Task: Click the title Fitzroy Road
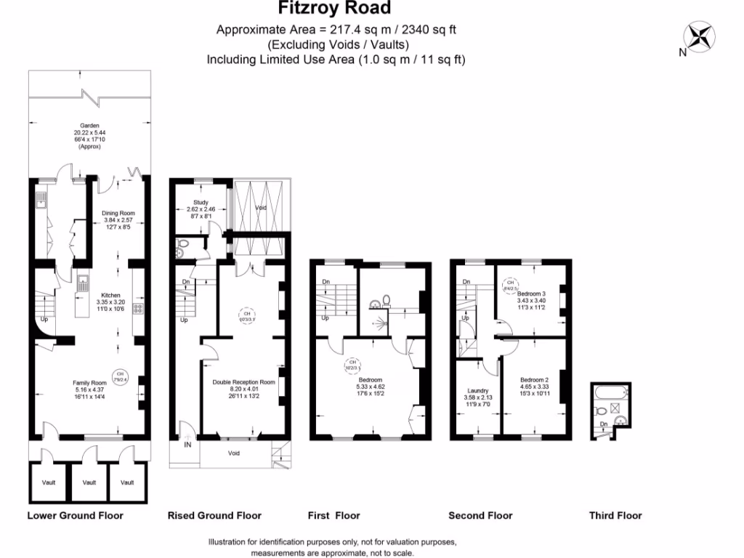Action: [335, 9]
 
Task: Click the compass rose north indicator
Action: [700, 37]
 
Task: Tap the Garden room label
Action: [90, 125]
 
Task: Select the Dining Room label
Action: [118, 213]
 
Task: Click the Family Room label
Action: [89, 383]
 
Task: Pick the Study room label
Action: [201, 203]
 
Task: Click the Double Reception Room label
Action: [243, 382]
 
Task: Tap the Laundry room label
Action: [477, 391]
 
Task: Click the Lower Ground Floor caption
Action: [75, 516]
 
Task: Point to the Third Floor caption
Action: [615, 516]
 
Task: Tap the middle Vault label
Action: [89, 482]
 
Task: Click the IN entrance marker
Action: [188, 444]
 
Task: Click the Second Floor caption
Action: [480, 516]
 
